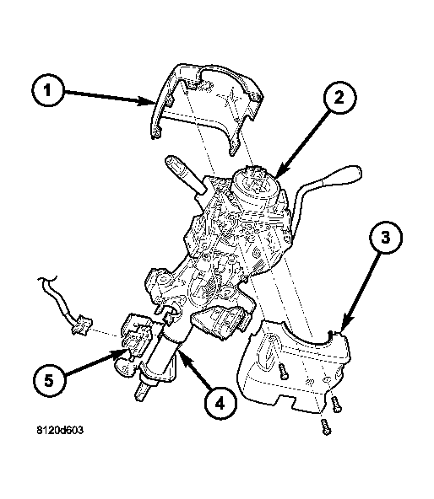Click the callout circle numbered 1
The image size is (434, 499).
click(x=47, y=90)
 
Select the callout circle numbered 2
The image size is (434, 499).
click(x=339, y=97)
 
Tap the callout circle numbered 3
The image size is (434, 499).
click(x=386, y=238)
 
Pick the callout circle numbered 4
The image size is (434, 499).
click(x=220, y=404)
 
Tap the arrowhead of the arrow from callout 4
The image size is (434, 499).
click(x=184, y=356)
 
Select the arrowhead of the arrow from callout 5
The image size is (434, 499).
click(x=122, y=353)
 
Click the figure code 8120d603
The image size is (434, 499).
click(x=60, y=430)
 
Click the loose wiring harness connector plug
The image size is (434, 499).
click(x=82, y=324)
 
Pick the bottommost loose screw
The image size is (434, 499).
click(x=326, y=427)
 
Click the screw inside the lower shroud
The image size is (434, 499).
click(x=283, y=370)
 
